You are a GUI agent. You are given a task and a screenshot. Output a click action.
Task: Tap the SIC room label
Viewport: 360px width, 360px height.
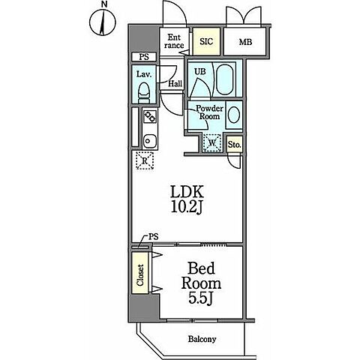click(206, 41)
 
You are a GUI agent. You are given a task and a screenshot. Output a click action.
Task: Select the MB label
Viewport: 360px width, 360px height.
click(245, 42)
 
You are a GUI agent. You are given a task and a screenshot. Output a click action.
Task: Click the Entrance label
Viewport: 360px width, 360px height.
click(174, 41)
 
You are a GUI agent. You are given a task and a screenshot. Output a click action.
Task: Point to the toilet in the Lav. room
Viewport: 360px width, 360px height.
click(144, 93)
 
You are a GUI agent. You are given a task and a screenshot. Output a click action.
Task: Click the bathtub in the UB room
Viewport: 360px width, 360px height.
click(224, 79)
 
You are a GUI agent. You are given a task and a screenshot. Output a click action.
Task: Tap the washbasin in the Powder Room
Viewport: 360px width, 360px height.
click(234, 115)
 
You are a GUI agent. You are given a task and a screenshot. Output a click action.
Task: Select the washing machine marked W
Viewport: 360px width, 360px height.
click(212, 143)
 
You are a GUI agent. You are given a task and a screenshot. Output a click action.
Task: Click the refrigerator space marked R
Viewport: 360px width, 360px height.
click(145, 160)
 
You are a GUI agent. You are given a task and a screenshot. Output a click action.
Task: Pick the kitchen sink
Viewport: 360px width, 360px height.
click(150, 141)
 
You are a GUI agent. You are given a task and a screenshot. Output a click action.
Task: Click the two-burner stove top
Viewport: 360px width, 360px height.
click(150, 116)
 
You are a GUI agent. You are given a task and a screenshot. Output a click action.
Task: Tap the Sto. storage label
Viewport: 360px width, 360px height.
click(235, 145)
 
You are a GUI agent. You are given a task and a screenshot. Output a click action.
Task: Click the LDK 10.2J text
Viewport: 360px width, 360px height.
click(187, 199)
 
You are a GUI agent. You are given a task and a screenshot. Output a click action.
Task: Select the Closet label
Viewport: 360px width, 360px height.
click(140, 275)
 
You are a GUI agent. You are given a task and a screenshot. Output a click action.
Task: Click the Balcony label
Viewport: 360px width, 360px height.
click(202, 339)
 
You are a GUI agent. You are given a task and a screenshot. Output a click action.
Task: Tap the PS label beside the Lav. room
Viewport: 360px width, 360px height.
click(144, 57)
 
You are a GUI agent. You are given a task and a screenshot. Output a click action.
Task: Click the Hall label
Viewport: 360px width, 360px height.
click(175, 83)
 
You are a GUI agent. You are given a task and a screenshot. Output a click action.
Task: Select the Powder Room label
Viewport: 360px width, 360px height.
click(209, 112)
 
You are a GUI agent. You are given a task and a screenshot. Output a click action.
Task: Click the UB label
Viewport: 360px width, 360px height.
click(200, 72)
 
